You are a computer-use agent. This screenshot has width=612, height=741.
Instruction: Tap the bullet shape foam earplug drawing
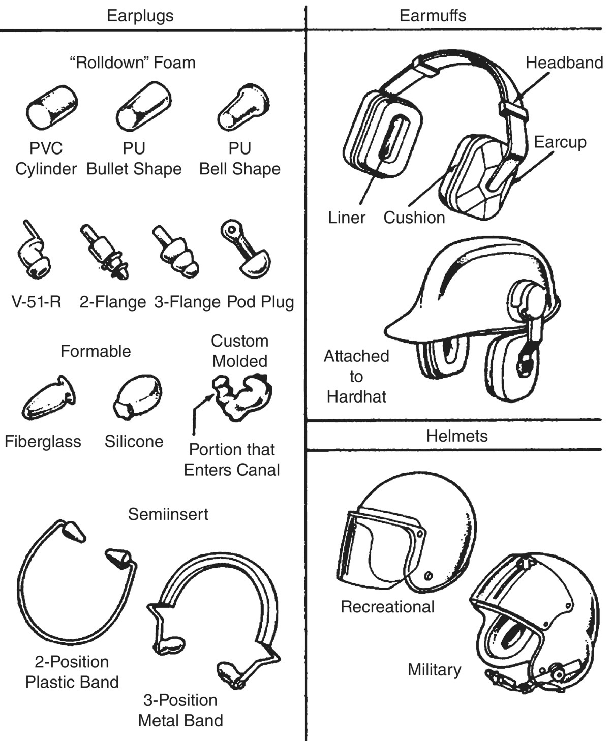[x=143, y=108]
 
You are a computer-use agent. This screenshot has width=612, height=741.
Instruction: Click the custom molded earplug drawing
[x=243, y=396]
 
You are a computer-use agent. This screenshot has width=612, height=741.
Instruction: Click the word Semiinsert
[x=168, y=514]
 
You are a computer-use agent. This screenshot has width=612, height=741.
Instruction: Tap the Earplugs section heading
[x=140, y=15]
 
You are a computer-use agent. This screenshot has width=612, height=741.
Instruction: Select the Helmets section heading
[x=456, y=436]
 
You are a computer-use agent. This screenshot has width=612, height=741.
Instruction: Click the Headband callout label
[x=564, y=63]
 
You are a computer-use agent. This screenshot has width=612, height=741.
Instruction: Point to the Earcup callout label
[x=560, y=142]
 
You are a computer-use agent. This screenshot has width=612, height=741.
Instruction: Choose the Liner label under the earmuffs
[x=346, y=218]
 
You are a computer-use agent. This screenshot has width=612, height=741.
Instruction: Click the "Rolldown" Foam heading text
[x=132, y=63]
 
